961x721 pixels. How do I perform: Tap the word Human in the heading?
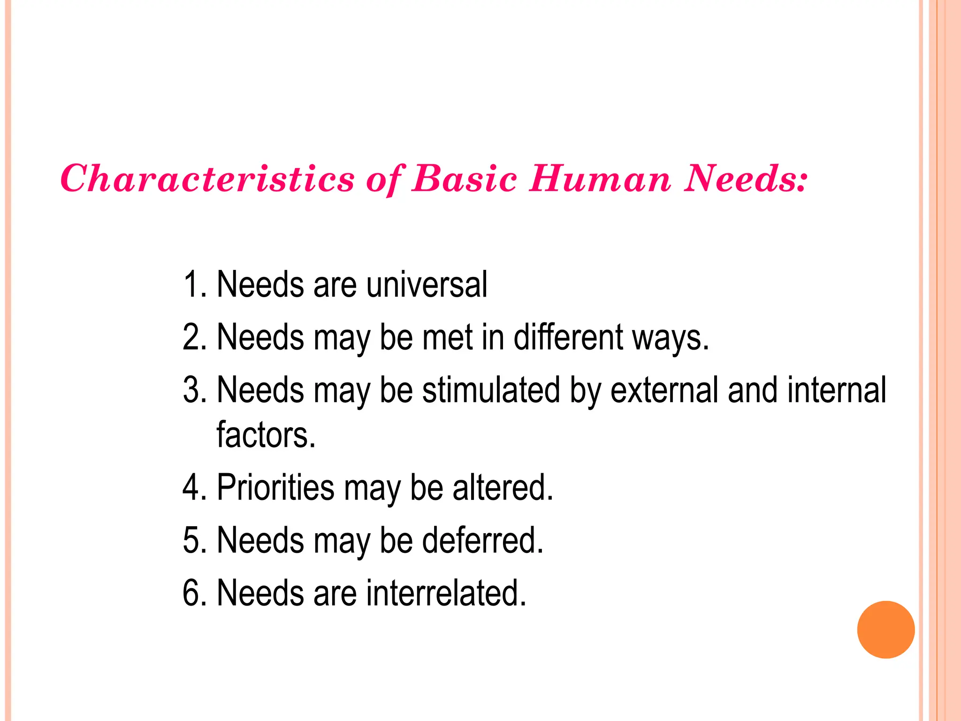[x=600, y=179]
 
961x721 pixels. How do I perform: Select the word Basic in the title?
[x=464, y=179]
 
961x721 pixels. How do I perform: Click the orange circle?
[x=885, y=629]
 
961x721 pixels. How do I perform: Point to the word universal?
[x=427, y=285]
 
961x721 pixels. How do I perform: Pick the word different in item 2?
[x=568, y=337]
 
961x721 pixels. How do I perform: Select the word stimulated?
[x=491, y=390]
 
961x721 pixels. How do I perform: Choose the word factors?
[x=266, y=435]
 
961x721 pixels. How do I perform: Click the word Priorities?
[x=275, y=487]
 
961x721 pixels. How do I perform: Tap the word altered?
[x=503, y=487]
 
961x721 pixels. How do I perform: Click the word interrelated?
[x=446, y=593]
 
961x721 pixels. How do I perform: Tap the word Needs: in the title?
[x=745, y=179]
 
